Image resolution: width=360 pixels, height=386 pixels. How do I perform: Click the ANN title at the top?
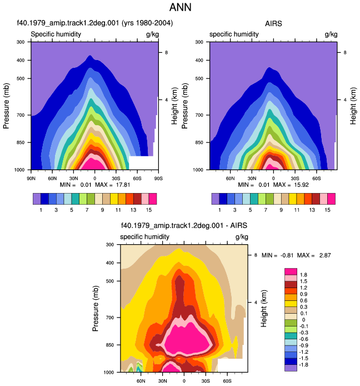(x=180, y=7)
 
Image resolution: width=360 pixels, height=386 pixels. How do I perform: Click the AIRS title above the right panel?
(x=273, y=23)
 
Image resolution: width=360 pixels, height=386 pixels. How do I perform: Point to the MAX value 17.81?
(x=123, y=185)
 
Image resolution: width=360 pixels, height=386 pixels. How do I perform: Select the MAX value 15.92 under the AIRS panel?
(x=301, y=185)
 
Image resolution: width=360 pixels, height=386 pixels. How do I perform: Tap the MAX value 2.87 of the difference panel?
(x=325, y=255)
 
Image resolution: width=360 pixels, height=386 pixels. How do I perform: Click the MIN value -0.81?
(x=287, y=255)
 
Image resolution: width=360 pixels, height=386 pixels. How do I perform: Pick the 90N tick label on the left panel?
(x=31, y=178)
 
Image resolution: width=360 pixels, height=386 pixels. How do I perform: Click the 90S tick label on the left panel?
(x=158, y=178)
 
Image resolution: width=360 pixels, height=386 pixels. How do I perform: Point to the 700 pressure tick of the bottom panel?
(x=110, y=318)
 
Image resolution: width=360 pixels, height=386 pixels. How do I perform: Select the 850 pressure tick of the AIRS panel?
(x=199, y=142)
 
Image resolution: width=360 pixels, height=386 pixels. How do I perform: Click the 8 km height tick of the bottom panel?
(x=256, y=255)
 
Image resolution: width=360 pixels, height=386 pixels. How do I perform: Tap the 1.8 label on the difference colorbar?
(x=303, y=275)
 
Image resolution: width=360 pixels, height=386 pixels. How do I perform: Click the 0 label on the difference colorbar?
(x=303, y=320)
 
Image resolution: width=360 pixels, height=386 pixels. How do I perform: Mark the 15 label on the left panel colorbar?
(x=148, y=210)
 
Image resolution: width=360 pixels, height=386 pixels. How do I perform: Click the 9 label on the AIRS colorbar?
(x=281, y=210)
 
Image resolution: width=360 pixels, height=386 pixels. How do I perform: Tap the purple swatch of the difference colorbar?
(x=291, y=368)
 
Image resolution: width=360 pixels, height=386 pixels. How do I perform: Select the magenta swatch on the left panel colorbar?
(x=153, y=199)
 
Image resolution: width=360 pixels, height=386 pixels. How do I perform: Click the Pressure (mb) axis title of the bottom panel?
(x=96, y=308)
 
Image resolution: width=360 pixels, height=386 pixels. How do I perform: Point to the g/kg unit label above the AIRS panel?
(x=331, y=34)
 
